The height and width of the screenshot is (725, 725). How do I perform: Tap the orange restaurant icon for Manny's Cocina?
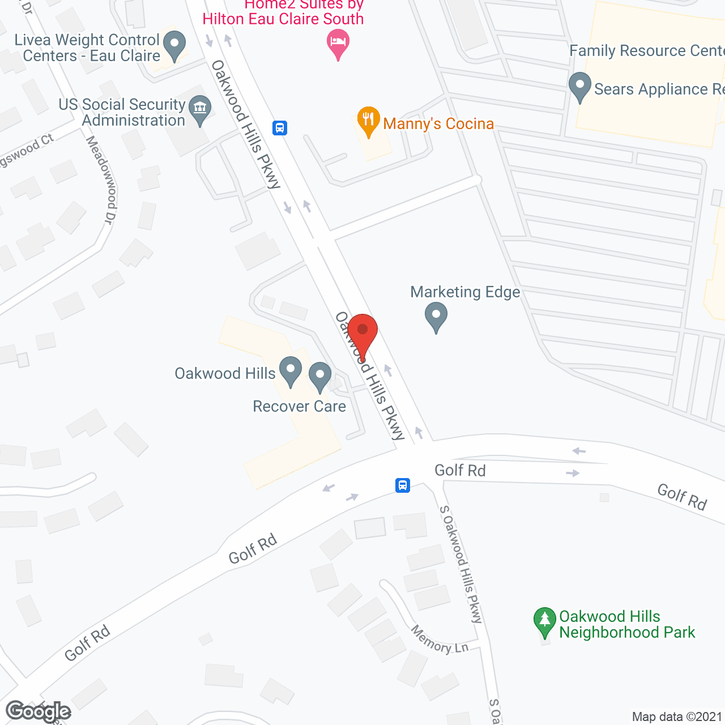368,121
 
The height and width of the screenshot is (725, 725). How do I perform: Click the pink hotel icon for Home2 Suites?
338,44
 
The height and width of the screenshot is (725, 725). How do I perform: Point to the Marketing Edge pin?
436,316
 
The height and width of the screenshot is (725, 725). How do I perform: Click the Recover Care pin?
320,377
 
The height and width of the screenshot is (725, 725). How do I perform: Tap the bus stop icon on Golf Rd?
403,485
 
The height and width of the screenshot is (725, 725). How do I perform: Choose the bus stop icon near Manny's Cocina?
280,127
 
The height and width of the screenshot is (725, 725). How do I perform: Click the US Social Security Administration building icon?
199,109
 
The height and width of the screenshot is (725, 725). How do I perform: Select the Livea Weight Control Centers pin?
174,45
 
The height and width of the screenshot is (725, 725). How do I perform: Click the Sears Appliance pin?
579,87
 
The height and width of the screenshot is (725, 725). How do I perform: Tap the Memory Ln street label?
440,639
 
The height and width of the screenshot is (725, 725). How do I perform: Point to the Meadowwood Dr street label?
101,180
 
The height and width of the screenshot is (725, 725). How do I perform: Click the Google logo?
39,711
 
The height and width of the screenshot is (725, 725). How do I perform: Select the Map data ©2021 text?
677,717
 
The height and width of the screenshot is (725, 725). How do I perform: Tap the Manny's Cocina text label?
438,124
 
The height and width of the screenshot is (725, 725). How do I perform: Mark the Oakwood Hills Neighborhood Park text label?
627,624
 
